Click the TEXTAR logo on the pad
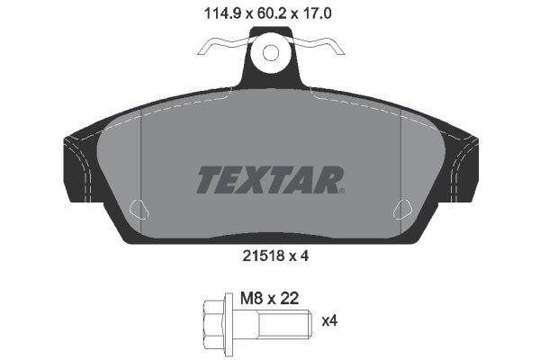coord(269,180)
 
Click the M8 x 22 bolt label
coord(270,297)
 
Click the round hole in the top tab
coord(269,52)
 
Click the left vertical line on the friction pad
coord(143,162)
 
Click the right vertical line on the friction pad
coord(399,162)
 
